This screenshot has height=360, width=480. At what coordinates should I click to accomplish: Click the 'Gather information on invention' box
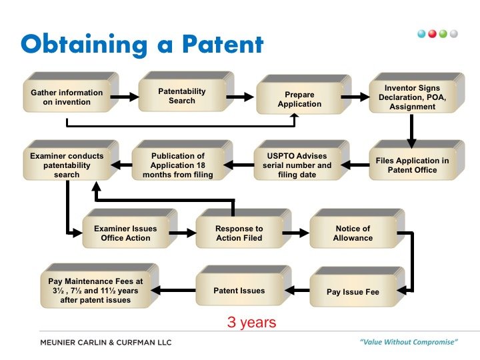[x=67, y=97]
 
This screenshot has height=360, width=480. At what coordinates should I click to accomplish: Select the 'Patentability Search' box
[x=182, y=96]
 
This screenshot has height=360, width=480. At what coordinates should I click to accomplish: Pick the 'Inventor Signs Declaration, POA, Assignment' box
[x=411, y=97]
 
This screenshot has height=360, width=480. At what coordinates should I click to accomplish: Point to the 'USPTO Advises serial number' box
[x=297, y=165]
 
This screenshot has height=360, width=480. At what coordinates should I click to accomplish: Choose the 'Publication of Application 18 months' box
[x=177, y=165]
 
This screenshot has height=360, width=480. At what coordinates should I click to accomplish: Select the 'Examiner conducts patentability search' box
[x=67, y=165]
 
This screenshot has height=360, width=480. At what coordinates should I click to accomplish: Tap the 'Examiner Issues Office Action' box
[x=125, y=233]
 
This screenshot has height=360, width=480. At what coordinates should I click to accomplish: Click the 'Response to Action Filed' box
[x=239, y=233]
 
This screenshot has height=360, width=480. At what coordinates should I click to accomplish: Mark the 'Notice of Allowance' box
[x=353, y=233]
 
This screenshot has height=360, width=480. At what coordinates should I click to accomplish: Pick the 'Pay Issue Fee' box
[x=353, y=292]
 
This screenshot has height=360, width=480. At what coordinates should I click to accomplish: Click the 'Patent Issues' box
[x=239, y=291]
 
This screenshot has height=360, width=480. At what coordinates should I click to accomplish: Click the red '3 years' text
[x=251, y=323]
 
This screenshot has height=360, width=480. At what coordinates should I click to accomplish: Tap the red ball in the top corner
[x=433, y=33]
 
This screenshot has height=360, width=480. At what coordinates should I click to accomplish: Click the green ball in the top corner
[x=443, y=33]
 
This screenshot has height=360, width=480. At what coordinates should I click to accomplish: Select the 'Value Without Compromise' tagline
[x=409, y=342]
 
